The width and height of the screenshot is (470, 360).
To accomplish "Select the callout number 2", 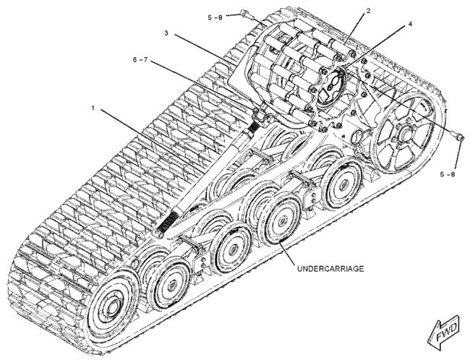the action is pyautogui.click(x=368, y=11).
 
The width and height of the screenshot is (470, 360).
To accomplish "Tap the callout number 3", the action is pyautogui.click(x=166, y=33).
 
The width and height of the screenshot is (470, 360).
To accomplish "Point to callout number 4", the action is pyautogui.click(x=409, y=24).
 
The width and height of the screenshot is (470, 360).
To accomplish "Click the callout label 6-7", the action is pyautogui.click(x=140, y=60).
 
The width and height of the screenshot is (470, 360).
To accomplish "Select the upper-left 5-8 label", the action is pyautogui.click(x=215, y=17).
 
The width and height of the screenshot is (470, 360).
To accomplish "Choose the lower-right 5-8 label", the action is pyautogui.click(x=448, y=173).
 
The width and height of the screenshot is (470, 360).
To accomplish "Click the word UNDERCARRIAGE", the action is pyautogui.click(x=330, y=269).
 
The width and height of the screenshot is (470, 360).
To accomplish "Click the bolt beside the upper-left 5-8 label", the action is pyautogui.click(x=245, y=14).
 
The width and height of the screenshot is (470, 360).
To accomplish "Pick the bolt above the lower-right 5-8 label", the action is pyautogui.click(x=458, y=137).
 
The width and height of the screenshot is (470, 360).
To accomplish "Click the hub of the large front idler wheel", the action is pyautogui.click(x=111, y=305).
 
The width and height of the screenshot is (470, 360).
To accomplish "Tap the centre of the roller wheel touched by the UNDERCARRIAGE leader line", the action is pyautogui.click(x=282, y=221).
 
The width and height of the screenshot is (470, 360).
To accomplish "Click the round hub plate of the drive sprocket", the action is pyautogui.click(x=330, y=87).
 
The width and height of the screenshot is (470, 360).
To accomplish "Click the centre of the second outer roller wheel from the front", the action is pyautogui.click(x=231, y=249).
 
